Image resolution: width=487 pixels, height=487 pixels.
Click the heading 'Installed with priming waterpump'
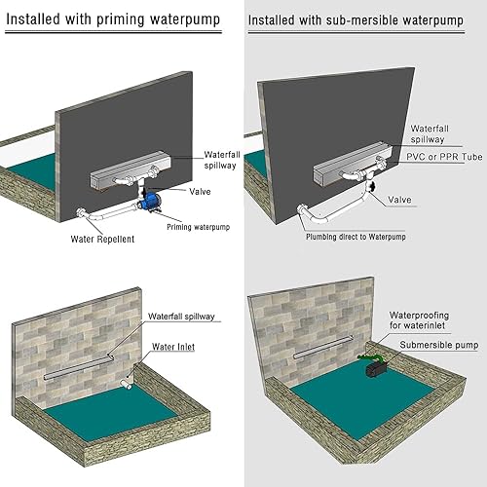[114, 19]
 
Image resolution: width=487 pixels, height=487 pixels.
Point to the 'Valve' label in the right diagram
[400, 199]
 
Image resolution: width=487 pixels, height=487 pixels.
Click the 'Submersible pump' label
[438, 345]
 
